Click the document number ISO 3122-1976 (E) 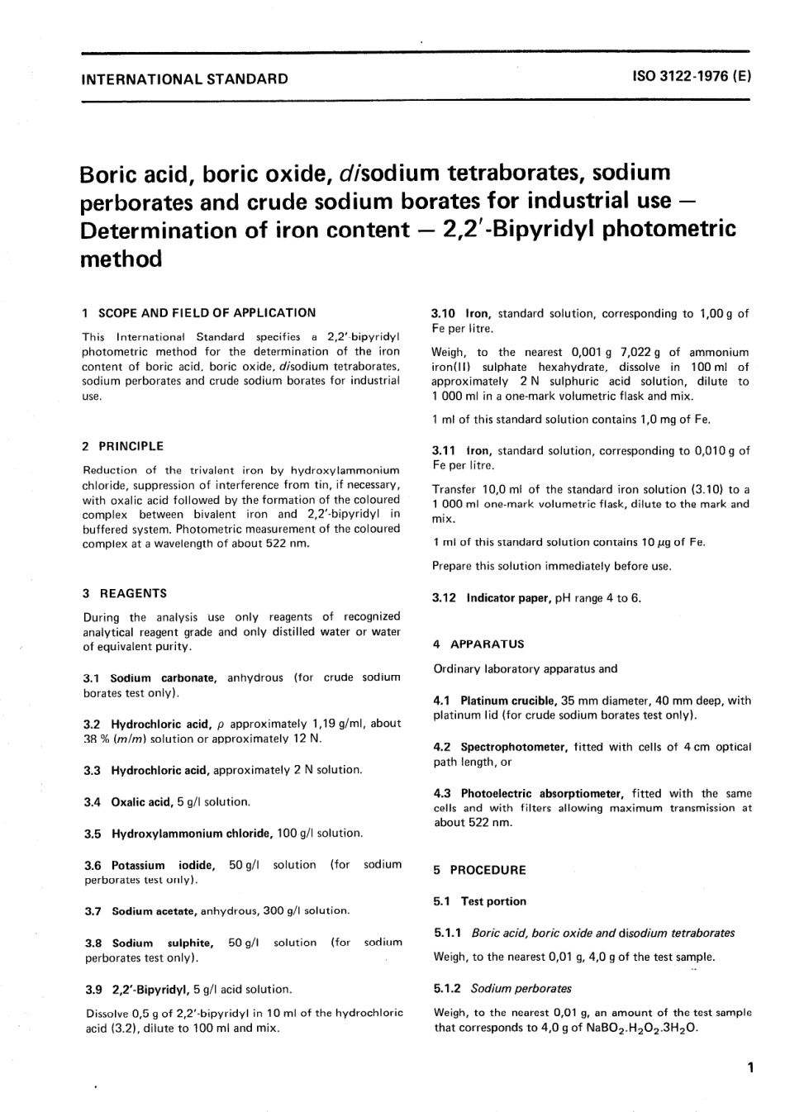click(692, 78)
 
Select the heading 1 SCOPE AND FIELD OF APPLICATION click(199, 313)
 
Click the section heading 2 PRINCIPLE click(123, 446)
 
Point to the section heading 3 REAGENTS click(125, 593)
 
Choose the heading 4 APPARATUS click(478, 644)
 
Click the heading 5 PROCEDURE click(479, 870)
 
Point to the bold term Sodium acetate click(155, 911)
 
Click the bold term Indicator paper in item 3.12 click(509, 597)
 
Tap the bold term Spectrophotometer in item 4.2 click(513, 747)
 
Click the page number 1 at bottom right click(749, 1068)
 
